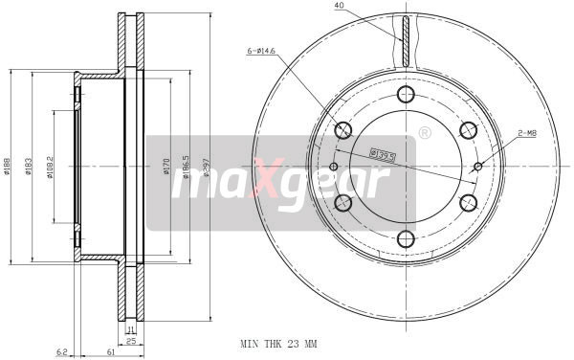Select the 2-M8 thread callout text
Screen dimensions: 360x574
pos(526,133)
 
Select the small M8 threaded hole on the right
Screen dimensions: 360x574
pos(477,166)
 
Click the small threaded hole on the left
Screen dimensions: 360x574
pos(334,166)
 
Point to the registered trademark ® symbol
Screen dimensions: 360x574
pos(425,131)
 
